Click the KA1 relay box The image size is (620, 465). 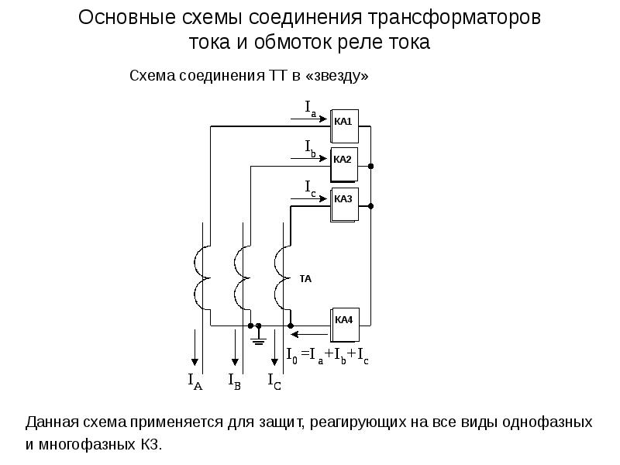pyautogui.click(x=344, y=126)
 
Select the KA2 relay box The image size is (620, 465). pyautogui.click(x=344, y=164)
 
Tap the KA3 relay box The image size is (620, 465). pyautogui.click(x=344, y=204)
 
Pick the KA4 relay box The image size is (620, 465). pyautogui.click(x=345, y=325)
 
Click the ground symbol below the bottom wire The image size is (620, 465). pyautogui.click(x=259, y=336)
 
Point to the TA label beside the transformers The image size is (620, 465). pyautogui.click(x=305, y=279)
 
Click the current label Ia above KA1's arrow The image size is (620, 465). pyautogui.click(x=311, y=108)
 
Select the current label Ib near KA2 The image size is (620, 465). pyautogui.click(x=311, y=149)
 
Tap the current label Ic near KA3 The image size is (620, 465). pyautogui.click(x=311, y=188)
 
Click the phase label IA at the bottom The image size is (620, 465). pyautogui.click(x=195, y=381)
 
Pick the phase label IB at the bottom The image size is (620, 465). pyautogui.click(x=235, y=381)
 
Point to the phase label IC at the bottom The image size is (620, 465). pyautogui.click(x=274, y=381)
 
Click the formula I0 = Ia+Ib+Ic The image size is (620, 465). pyautogui.click(x=328, y=356)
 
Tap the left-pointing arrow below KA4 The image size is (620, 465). pyautogui.click(x=309, y=335)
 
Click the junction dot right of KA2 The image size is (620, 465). pyautogui.click(x=370, y=166)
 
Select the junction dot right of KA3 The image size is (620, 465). pyautogui.click(x=370, y=206)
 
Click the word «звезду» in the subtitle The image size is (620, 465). pyautogui.click(x=337, y=75)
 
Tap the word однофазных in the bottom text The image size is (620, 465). pyautogui.click(x=548, y=422)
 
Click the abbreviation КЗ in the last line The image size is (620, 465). pyautogui.click(x=150, y=445)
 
